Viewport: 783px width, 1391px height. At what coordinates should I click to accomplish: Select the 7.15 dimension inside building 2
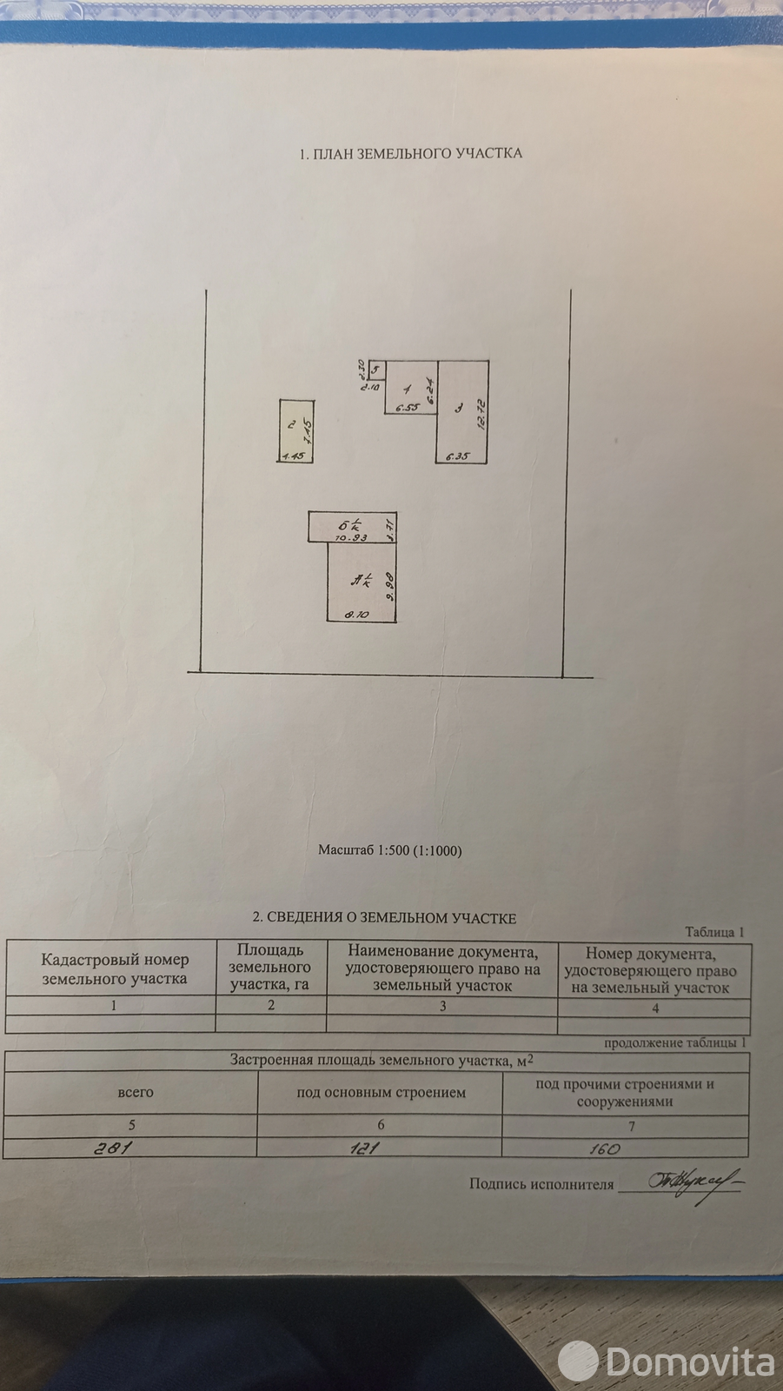[307, 429]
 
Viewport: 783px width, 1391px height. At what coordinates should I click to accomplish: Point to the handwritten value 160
[603, 1148]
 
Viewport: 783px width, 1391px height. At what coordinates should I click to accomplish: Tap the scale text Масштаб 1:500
[389, 850]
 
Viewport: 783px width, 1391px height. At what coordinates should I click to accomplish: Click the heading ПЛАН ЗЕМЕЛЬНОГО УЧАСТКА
[410, 153]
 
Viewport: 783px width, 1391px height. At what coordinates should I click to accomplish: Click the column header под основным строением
[381, 1093]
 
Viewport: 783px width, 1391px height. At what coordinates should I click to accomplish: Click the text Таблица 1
[714, 932]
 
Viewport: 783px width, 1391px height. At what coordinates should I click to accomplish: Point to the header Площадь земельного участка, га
[270, 968]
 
